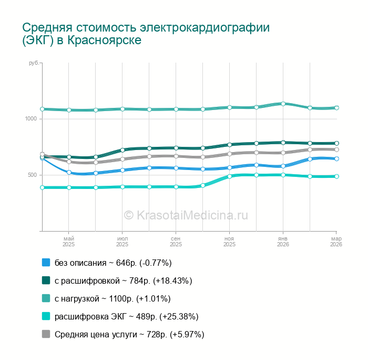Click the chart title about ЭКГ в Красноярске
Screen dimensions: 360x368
coord(146,33)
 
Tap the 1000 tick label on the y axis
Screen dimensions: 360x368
coord(30,119)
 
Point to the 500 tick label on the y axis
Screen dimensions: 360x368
coord(32,175)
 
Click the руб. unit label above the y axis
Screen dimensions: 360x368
coord(34,63)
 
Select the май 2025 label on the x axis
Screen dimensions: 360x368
coord(69,241)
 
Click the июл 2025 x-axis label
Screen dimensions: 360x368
coord(122,241)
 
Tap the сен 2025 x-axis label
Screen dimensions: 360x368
coord(176,241)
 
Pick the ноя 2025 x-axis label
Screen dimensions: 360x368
coord(229,241)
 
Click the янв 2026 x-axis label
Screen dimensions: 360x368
coord(283,241)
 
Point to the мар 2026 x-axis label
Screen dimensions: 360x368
coord(336,241)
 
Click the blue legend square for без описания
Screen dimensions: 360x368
coord(46,263)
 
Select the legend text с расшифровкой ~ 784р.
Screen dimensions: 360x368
coord(123,281)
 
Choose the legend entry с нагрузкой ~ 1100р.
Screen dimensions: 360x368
coord(113,298)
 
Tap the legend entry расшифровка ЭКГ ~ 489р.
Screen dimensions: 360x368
coord(126,316)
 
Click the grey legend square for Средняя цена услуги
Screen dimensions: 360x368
coord(46,334)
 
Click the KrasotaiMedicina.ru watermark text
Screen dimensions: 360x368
coord(186,215)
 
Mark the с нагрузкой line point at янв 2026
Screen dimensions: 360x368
coord(283,104)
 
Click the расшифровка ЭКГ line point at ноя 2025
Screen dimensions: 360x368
coord(230,176)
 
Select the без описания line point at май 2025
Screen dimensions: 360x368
coord(69,172)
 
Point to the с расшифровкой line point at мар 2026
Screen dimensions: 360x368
coord(336,143)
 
